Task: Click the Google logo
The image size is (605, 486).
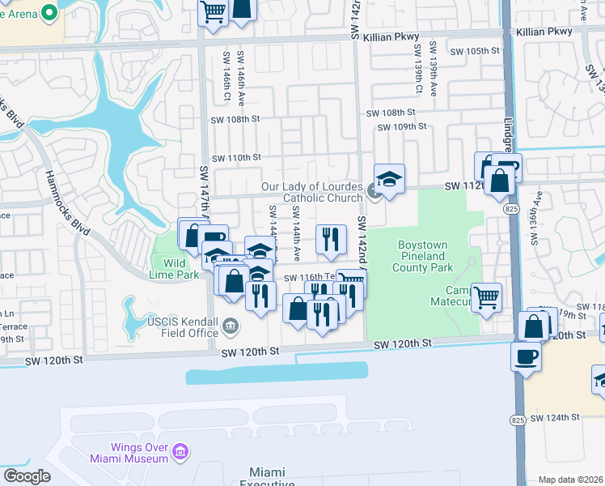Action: tap(26, 476)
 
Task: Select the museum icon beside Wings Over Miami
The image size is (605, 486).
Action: tap(181, 450)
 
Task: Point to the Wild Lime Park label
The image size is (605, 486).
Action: tap(174, 269)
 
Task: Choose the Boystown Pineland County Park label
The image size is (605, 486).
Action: tap(425, 255)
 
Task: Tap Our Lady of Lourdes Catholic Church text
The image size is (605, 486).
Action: tap(312, 192)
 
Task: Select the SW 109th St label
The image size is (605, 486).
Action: tap(400, 127)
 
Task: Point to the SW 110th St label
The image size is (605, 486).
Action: tap(236, 157)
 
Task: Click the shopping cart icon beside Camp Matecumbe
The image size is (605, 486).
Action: tap(487, 298)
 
